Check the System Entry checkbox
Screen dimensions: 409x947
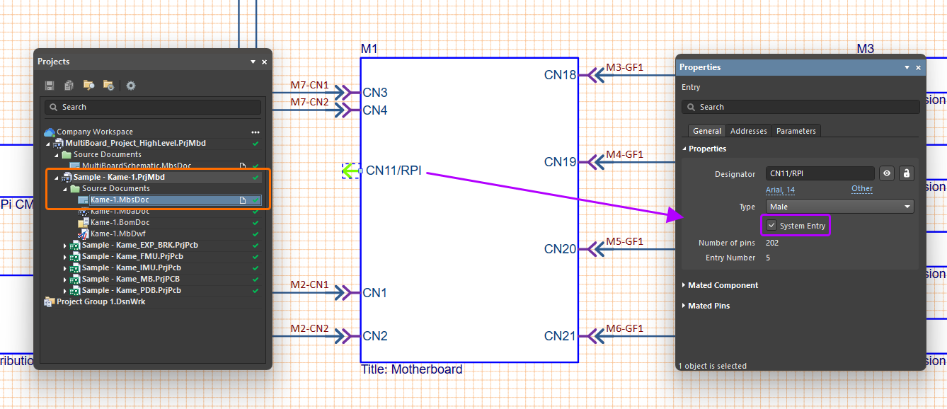tap(771, 226)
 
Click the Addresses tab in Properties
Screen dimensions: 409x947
tap(749, 131)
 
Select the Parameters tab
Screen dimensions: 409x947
tap(796, 131)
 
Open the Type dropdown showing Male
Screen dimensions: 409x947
tap(839, 207)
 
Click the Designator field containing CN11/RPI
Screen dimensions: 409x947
tap(820, 173)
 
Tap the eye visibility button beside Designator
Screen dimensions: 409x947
tap(886, 173)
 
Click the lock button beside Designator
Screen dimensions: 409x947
tap(906, 173)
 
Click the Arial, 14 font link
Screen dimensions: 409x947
tap(780, 190)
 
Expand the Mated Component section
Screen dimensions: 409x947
tap(723, 285)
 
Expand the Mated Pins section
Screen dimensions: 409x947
tap(708, 306)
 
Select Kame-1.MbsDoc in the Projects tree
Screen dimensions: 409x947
tap(120, 200)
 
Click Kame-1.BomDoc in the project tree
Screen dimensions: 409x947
tap(120, 222)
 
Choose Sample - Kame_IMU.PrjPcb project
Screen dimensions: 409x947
tap(132, 267)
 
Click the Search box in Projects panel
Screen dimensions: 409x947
tap(153, 107)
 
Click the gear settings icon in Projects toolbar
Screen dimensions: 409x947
tap(131, 86)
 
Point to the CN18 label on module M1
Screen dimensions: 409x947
tap(560, 74)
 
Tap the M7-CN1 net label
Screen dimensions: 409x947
tap(309, 86)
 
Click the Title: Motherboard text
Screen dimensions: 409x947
tap(411, 369)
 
